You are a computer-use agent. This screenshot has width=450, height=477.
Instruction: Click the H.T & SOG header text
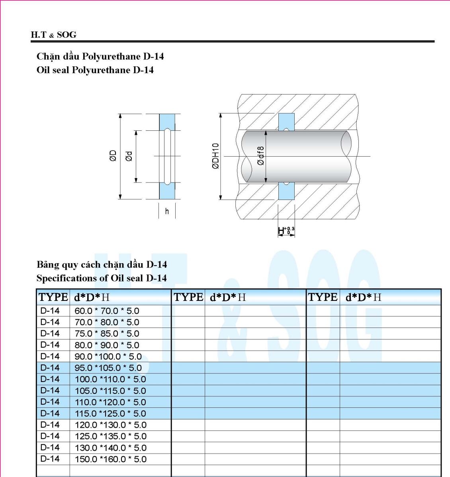(53, 35)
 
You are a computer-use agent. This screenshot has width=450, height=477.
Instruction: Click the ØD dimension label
(113, 156)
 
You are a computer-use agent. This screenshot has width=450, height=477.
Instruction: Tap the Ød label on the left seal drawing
(129, 156)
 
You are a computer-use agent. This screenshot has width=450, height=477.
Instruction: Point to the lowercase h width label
(167, 211)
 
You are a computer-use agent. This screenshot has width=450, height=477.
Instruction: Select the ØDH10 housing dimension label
(216, 156)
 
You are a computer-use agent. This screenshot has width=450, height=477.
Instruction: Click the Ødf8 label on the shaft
(260, 156)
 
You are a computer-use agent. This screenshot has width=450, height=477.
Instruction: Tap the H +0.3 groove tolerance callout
(286, 231)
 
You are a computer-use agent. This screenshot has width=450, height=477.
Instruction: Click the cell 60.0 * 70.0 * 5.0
(107, 311)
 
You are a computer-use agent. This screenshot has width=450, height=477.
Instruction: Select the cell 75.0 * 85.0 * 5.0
(107, 334)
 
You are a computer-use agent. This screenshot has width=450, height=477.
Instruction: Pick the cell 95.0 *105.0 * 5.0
(108, 368)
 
